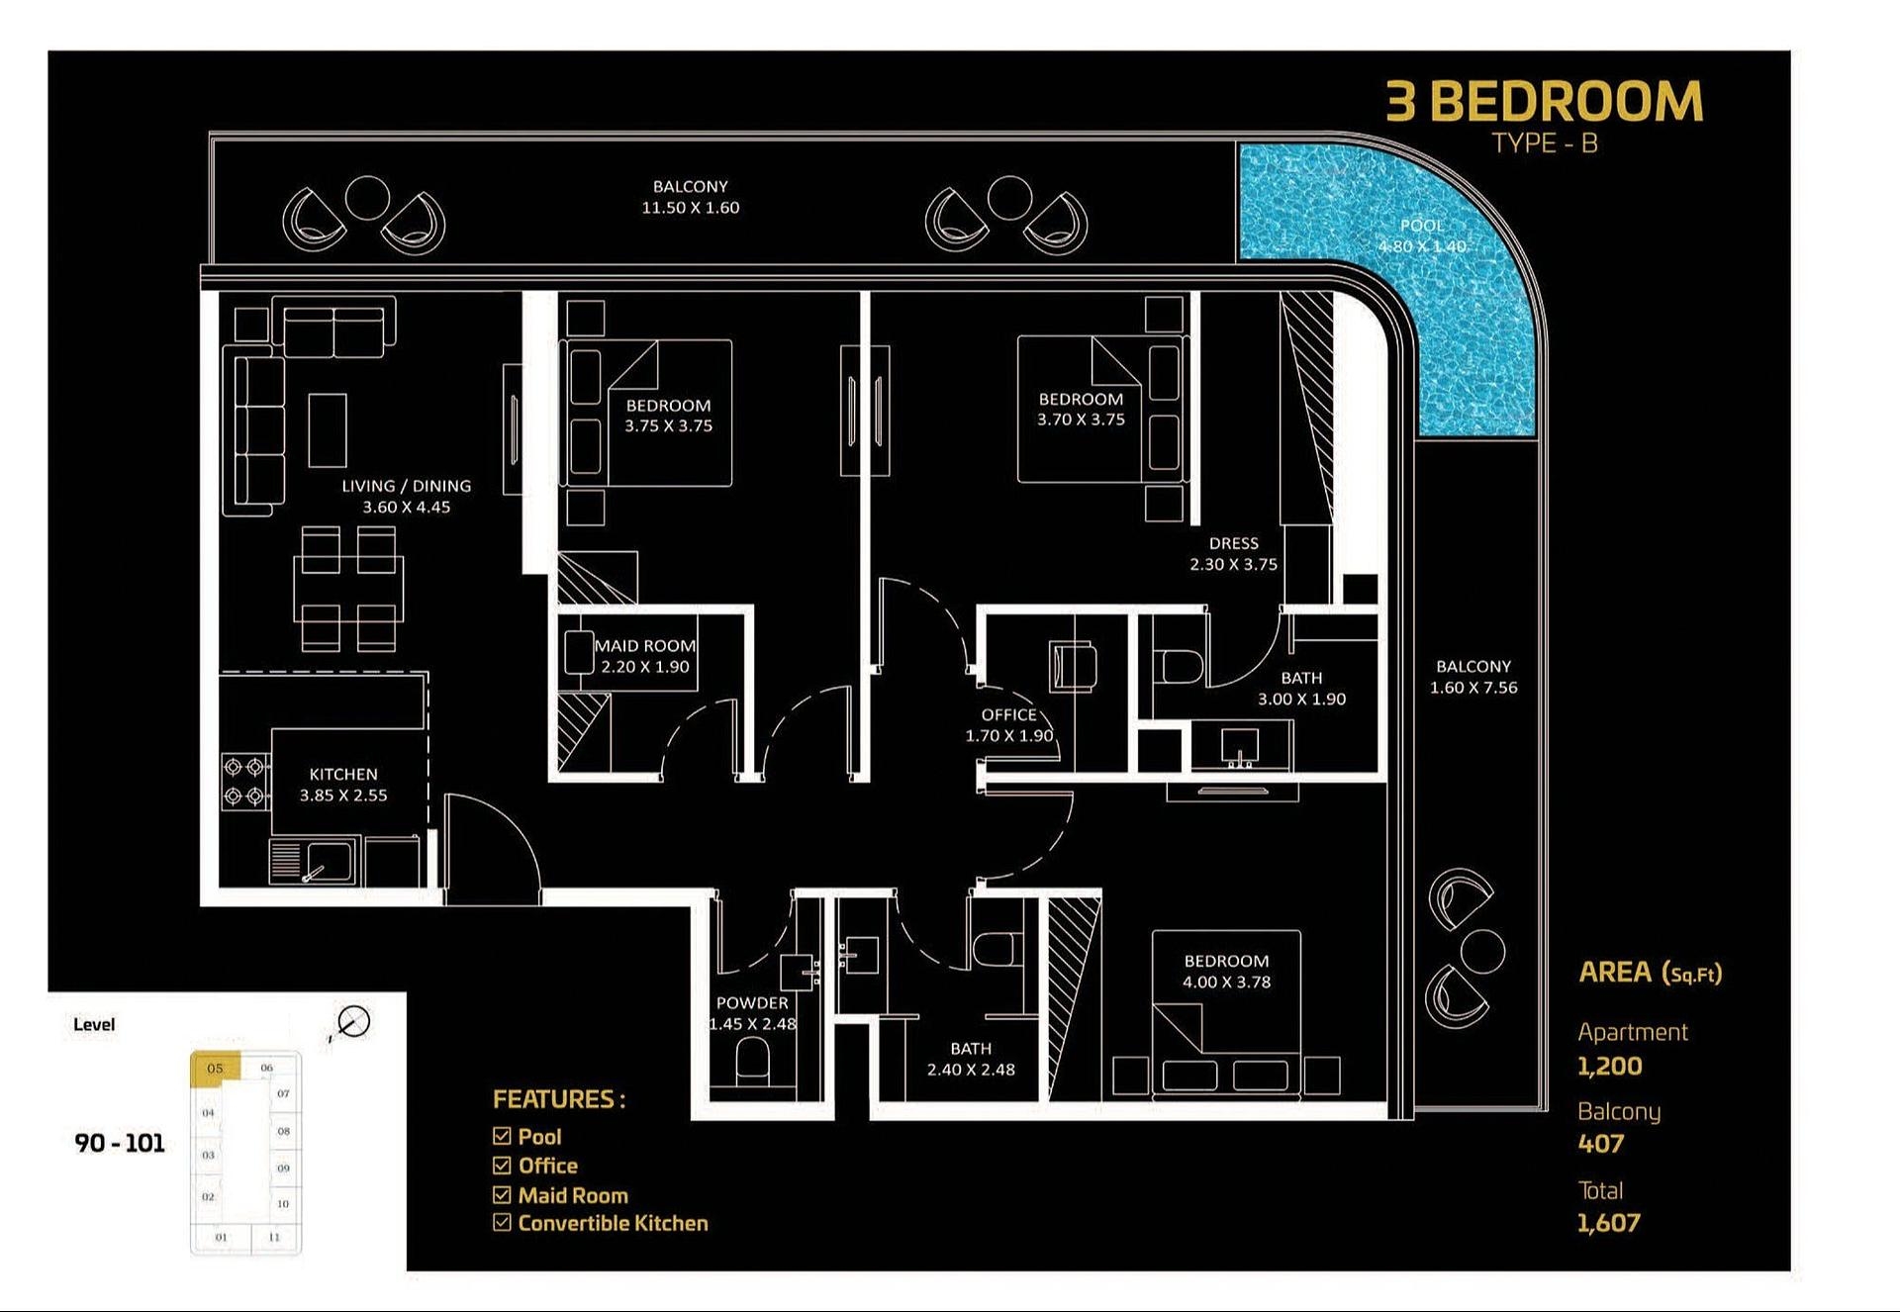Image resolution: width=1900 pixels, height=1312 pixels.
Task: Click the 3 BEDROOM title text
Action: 1544,102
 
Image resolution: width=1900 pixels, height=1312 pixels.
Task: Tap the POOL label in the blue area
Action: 1421,226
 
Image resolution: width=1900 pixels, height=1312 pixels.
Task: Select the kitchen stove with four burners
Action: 244,781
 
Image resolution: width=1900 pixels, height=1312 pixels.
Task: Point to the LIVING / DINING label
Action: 406,486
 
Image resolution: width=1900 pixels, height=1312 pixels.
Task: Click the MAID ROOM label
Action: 644,646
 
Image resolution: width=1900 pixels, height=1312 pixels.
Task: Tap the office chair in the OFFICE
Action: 1073,665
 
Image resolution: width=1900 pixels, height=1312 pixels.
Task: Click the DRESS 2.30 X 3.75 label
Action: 1233,554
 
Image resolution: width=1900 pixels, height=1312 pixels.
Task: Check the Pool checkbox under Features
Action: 502,1136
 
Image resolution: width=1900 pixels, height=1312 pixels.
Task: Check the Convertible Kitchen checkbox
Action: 502,1223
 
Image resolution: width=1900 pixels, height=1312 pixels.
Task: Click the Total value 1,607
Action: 1608,1223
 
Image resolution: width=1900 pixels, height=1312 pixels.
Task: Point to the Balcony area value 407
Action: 1600,1144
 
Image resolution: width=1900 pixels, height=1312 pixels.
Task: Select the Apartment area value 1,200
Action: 1609,1067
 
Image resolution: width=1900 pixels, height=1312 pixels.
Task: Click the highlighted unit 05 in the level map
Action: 215,1069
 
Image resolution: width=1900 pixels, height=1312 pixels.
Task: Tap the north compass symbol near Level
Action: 352,1022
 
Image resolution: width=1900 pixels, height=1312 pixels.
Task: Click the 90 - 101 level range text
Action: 119,1143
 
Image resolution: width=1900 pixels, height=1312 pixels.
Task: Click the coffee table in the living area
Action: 328,430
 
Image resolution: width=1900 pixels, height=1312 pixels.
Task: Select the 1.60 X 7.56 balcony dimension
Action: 1472,688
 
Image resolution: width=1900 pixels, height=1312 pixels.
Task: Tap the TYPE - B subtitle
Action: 1544,143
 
